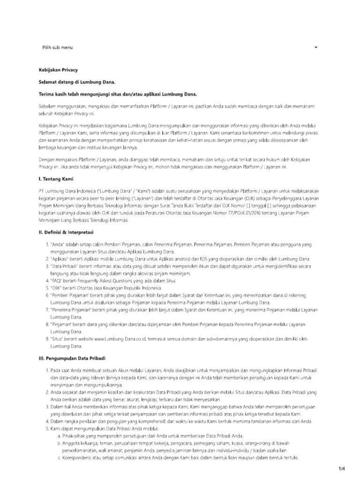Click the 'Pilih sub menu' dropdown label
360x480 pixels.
(57, 48)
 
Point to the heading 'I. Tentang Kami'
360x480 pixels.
(56, 179)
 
